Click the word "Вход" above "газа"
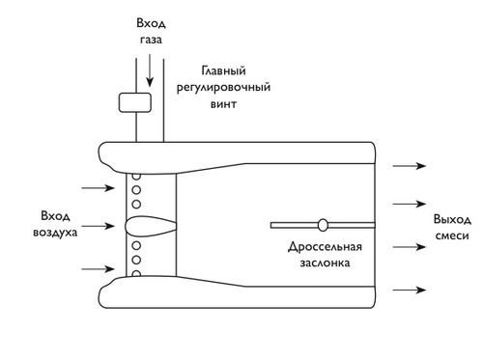151,23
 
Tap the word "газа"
151,40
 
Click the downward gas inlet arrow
150,70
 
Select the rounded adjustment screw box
135,102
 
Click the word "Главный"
223,70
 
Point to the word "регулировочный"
223,88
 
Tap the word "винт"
223,104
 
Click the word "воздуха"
55,233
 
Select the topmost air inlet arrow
98,188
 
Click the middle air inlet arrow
98,226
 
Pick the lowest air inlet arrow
98,268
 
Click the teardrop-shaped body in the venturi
151,225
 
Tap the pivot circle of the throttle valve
323,225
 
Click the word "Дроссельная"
325,247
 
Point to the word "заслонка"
325,263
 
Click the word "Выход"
452,219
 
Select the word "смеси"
452,235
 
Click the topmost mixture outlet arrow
410,166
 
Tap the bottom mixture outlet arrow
410,290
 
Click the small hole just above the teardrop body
136,204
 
